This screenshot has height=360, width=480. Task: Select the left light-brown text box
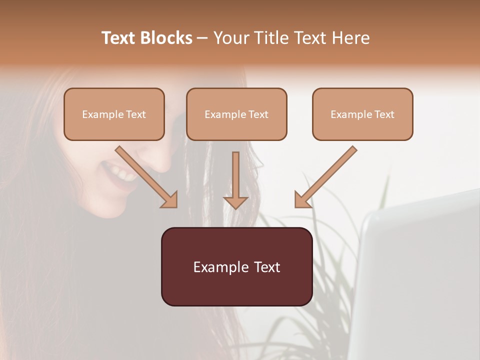tap(114, 114)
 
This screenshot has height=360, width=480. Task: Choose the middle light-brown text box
tap(236, 114)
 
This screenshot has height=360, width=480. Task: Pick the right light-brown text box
tap(362, 114)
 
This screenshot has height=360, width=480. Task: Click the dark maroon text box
tap(236, 266)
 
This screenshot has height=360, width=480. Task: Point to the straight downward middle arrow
tap(235, 177)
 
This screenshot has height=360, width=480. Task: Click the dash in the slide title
tap(202, 38)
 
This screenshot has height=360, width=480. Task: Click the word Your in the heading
tap(231, 38)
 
